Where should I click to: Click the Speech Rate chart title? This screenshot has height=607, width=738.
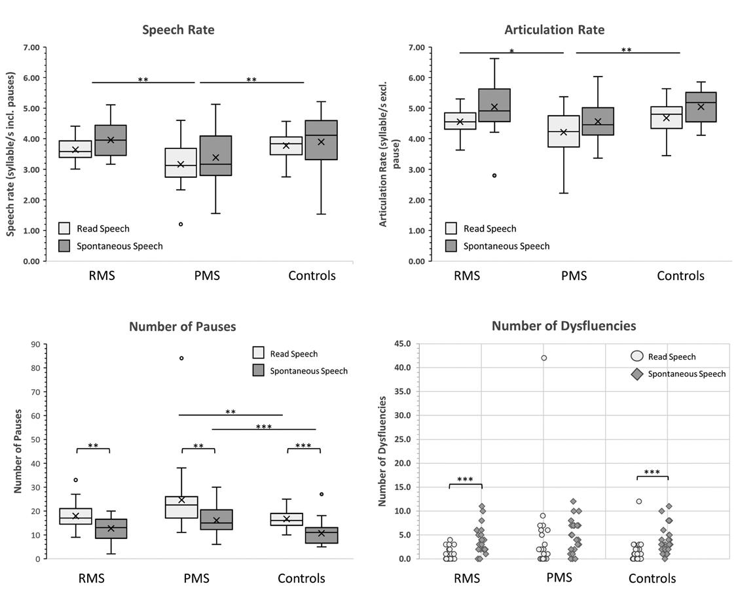coord(178,30)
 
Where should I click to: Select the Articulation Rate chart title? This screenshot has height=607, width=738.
coord(554,30)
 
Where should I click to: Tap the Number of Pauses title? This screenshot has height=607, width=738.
coord(182,326)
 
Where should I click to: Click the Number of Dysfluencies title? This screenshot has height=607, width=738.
coord(563,326)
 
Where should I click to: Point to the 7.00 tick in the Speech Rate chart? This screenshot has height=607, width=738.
coord(31,48)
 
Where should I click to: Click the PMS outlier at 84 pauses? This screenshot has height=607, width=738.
coord(181,358)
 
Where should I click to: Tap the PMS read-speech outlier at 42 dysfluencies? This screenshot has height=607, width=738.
coord(544,358)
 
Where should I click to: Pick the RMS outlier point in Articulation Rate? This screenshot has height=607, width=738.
coord(494,175)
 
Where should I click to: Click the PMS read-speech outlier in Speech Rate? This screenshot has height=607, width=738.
coord(181,224)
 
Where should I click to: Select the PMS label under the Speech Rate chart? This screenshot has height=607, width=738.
coord(207,275)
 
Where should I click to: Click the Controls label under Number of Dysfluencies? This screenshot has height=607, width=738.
coord(652,578)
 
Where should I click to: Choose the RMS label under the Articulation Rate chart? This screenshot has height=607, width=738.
coord(467,275)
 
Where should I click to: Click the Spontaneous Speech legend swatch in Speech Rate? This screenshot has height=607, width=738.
coord(64,246)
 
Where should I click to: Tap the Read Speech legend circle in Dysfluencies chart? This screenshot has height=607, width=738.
coord(637,356)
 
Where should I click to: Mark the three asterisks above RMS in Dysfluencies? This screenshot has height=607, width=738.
coord(465,480)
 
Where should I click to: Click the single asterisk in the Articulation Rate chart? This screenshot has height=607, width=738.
coord(511,51)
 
